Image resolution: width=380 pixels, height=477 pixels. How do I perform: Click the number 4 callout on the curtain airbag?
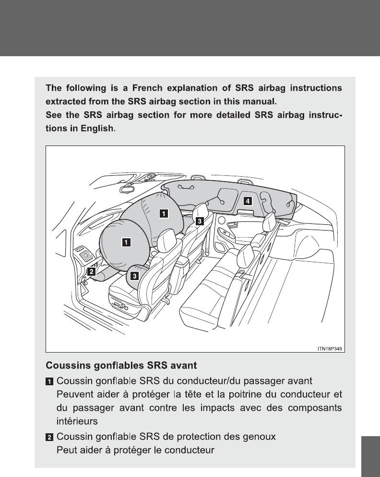pos(247,201)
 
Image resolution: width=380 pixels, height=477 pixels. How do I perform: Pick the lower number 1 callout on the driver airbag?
pos(125,242)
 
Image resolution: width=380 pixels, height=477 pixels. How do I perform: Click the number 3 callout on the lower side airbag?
pos(135,276)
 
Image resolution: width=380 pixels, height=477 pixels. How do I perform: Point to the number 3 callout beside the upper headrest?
pos(199,220)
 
